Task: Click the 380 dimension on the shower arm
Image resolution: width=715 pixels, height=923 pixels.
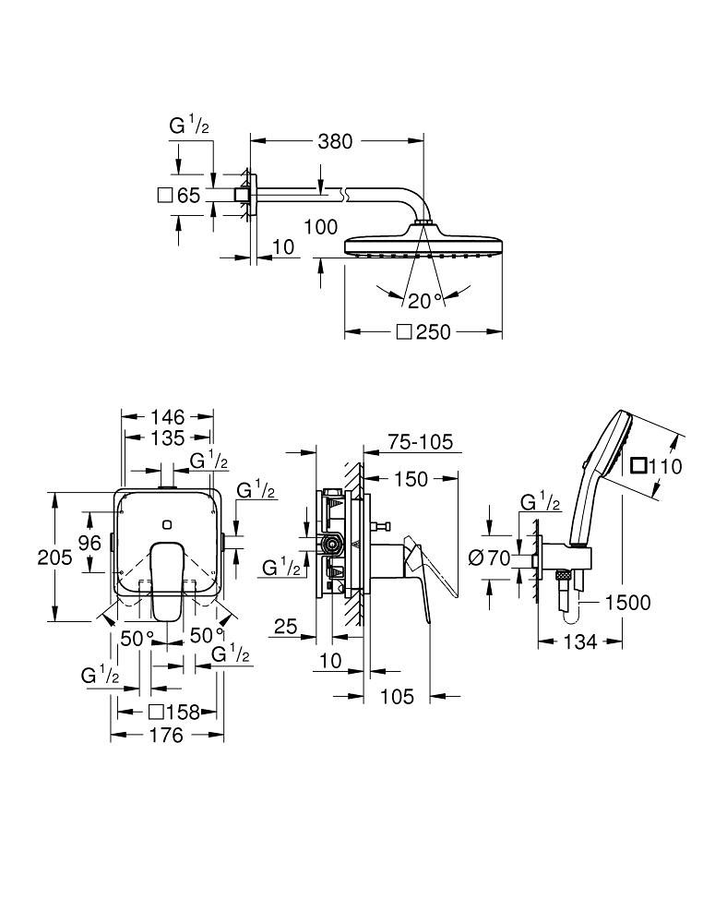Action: click(x=335, y=141)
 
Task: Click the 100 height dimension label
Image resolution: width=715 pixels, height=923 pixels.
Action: click(x=320, y=227)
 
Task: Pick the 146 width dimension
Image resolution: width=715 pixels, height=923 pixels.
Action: click(x=168, y=417)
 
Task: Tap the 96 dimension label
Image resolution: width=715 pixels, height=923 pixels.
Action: click(x=89, y=544)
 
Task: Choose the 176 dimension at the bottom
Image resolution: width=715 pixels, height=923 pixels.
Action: click(x=166, y=736)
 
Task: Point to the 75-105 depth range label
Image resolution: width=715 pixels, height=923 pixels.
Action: click(x=421, y=442)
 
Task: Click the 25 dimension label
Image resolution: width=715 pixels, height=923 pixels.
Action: click(x=285, y=628)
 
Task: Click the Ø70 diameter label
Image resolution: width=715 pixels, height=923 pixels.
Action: click(x=490, y=557)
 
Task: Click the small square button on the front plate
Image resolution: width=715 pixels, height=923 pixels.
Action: click(x=166, y=524)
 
